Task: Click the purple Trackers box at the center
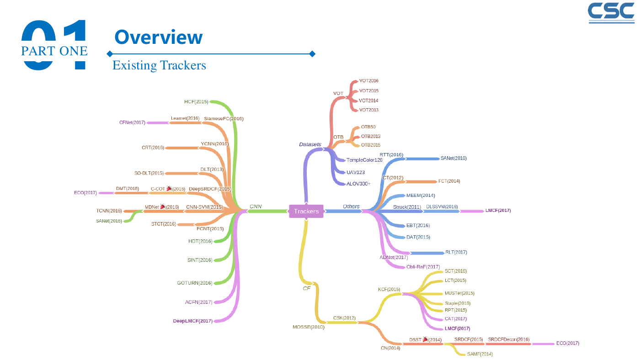pos(306,211)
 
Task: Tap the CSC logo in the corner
pos(611,13)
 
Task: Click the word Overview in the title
pos(159,37)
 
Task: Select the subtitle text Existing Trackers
pos(159,65)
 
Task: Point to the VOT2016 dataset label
pos(368,81)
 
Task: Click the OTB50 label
pos(368,127)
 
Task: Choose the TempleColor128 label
pos(364,160)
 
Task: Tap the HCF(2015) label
pos(196,101)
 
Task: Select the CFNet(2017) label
pos(132,122)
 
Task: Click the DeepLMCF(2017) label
pos(193,321)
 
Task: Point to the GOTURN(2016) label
pos(195,283)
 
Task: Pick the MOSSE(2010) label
pos(309,327)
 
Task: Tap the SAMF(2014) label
pos(480,354)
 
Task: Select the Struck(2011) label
pos(407,207)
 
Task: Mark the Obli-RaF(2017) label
pos(423,267)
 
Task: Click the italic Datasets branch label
pos(310,144)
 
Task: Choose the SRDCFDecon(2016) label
pos(508,339)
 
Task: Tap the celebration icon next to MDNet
pos(163,206)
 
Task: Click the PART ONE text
pos(54,51)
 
